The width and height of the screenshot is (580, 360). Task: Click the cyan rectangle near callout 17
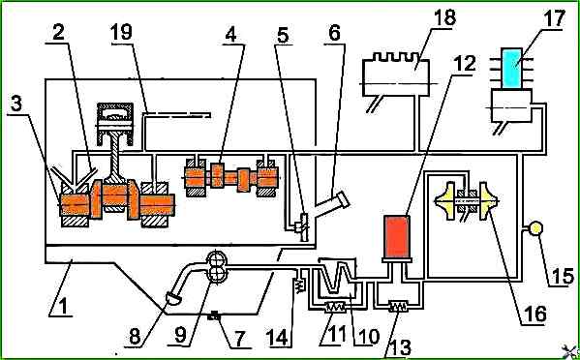pyautogui.click(x=512, y=68)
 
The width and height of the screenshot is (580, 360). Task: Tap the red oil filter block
pyautogui.click(x=397, y=236)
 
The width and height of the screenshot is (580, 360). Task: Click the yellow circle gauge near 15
pyautogui.click(x=535, y=228)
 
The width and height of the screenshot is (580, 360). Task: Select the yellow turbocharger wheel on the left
pyautogui.click(x=444, y=200)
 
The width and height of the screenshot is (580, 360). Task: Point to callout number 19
pyautogui.click(x=121, y=32)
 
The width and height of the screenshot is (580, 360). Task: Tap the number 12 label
pyautogui.click(x=464, y=64)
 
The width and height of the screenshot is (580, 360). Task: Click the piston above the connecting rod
pyautogui.click(x=114, y=124)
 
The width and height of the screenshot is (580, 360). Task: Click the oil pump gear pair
pyautogui.click(x=216, y=267)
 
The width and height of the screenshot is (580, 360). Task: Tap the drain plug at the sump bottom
pyautogui.click(x=215, y=316)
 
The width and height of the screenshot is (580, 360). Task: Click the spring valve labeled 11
pyautogui.click(x=335, y=307)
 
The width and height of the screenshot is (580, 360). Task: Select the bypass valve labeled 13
pyautogui.click(x=398, y=307)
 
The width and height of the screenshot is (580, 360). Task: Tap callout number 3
pyautogui.click(x=15, y=105)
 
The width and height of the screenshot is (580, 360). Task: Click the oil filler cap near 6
pyautogui.click(x=344, y=199)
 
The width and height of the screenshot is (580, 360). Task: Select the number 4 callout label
pyautogui.click(x=230, y=35)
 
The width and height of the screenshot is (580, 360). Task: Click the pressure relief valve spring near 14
pyautogui.click(x=299, y=285)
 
